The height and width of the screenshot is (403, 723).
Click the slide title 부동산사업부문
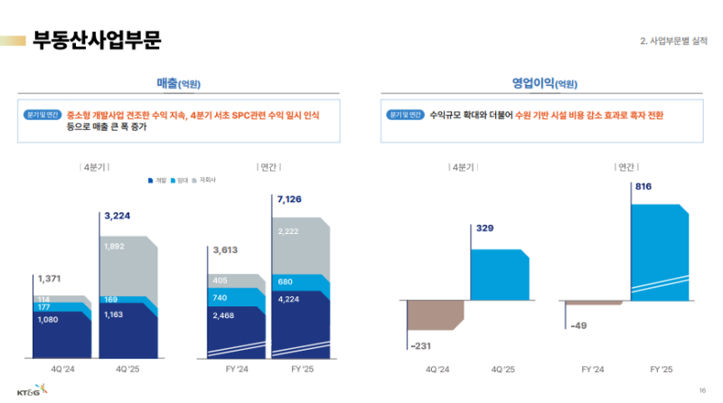[97, 41]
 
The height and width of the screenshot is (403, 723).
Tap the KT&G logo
[27, 389]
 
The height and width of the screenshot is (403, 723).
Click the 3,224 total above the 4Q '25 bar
[118, 216]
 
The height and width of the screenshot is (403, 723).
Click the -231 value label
[422, 346]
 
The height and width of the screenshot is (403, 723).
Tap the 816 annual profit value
[644, 187]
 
